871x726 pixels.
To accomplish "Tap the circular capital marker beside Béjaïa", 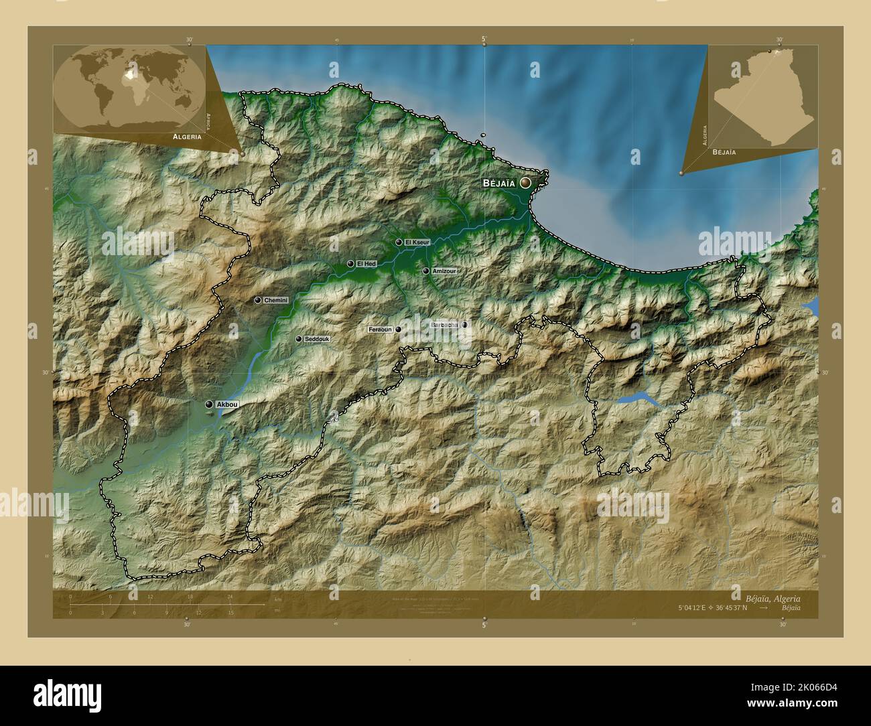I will pos(526,182).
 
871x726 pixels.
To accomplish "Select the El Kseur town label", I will pos(417,242).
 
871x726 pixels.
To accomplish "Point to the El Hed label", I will pos(366,264).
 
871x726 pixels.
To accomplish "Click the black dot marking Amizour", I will pos(425,271).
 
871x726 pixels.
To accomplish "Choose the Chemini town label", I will pos(275,301).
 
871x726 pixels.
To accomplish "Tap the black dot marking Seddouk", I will pos(299,340).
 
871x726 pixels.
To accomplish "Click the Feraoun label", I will pos(380,330).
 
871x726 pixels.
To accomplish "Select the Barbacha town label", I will pos(444,325).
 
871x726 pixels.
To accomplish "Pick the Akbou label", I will pos(227,405).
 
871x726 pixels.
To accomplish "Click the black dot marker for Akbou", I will pos(210,405).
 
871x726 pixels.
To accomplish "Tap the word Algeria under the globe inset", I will pos(187,136).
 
